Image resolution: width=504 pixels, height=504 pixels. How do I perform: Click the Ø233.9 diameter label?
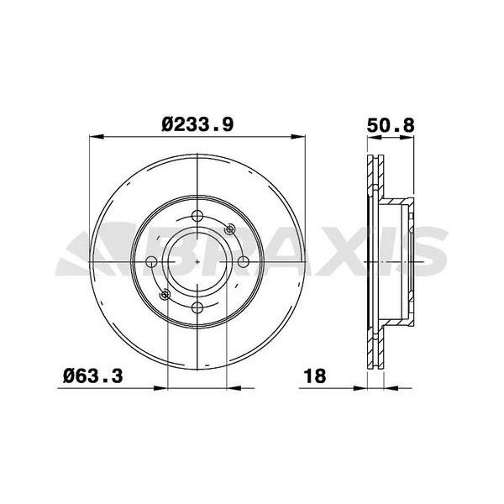tap(197, 124)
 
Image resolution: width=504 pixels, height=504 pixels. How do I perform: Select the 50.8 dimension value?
tap(391, 125)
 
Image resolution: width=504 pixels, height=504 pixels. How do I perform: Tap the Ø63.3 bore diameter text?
tap(93, 375)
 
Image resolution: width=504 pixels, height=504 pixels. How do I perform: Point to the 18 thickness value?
tap(315, 375)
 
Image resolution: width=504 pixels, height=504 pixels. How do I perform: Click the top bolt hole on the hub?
tap(197, 216)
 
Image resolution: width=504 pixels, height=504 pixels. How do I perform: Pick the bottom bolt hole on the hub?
tap(197, 308)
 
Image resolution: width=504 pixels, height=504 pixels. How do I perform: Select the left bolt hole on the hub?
tap(151, 262)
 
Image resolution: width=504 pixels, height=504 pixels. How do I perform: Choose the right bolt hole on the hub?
tap(244, 262)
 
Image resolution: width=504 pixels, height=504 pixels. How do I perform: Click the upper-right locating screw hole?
tap(230, 229)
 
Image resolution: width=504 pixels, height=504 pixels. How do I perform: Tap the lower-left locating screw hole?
tap(165, 295)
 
